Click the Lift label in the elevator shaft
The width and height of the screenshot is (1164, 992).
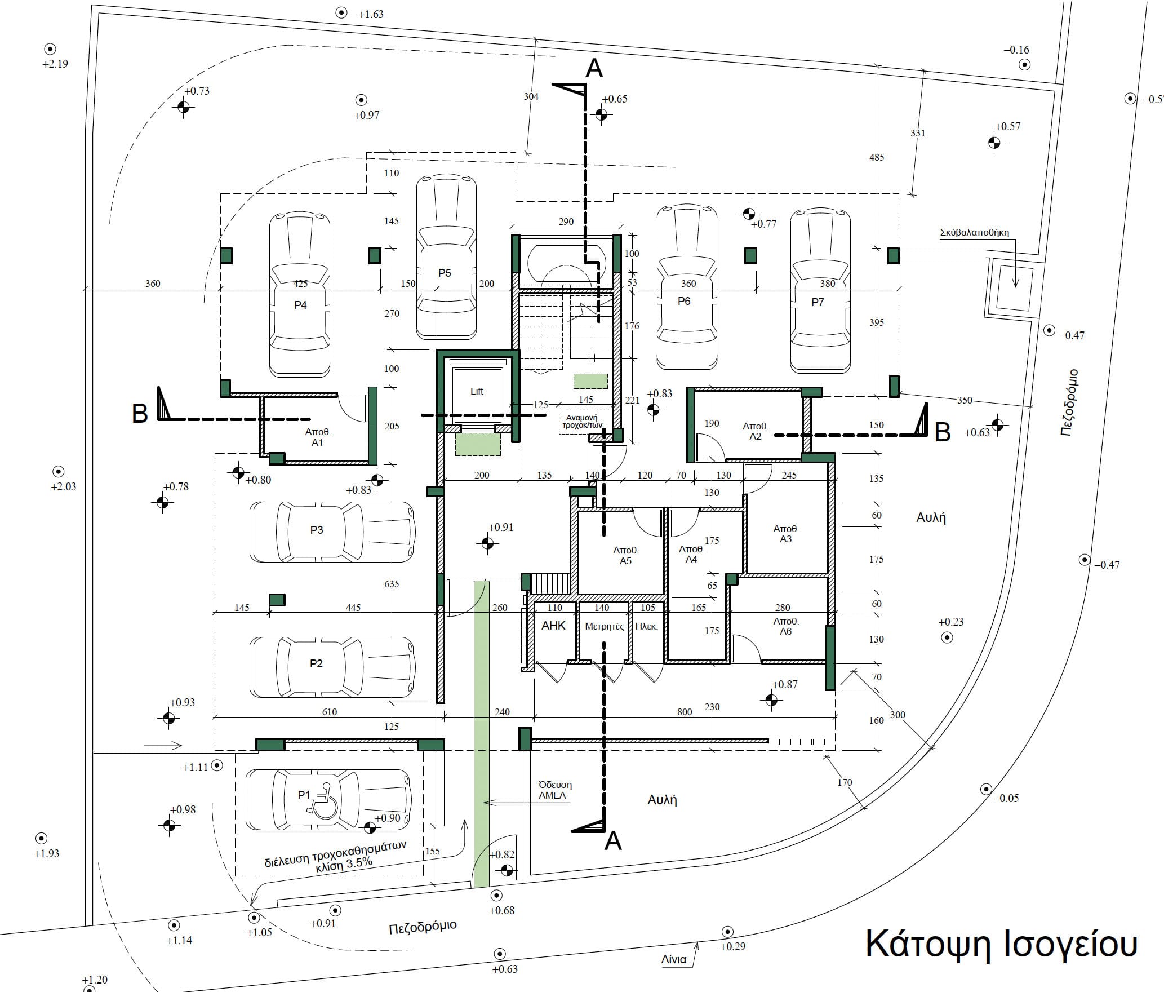[x=477, y=391]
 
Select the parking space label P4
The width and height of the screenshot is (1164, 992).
[x=300, y=305]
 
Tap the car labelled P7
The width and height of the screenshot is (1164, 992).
[x=820, y=291]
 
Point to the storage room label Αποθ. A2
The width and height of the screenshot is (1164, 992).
[x=755, y=431]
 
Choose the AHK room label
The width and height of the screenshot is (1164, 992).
[x=553, y=626]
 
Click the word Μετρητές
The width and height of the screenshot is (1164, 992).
[x=605, y=626]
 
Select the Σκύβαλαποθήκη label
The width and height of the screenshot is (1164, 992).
[x=974, y=232]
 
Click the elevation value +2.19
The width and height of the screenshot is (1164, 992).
[x=55, y=64]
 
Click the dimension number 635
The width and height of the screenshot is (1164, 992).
[x=392, y=584]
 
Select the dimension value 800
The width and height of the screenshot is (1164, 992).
[x=685, y=712]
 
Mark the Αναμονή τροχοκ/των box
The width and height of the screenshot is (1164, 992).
[x=586, y=422]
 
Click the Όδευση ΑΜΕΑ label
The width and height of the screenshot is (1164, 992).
[x=554, y=790]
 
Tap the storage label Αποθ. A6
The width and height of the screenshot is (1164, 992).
[x=785, y=626]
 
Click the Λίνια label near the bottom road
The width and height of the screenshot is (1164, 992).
[x=674, y=959]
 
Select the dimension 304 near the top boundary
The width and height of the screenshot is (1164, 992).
[x=531, y=96]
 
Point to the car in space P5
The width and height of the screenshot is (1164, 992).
[x=446, y=257]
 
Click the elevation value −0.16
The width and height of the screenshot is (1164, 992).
[x=1016, y=50]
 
